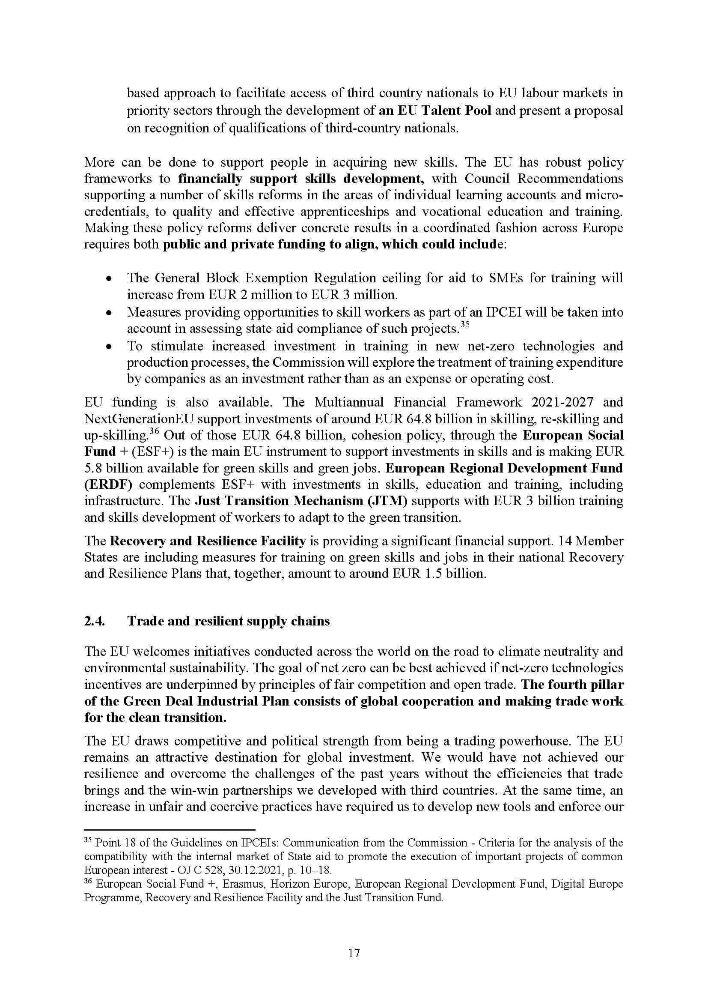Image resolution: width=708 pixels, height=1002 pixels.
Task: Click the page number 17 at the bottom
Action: pyautogui.click(x=354, y=953)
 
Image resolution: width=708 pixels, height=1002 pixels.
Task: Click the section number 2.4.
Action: pyautogui.click(x=95, y=621)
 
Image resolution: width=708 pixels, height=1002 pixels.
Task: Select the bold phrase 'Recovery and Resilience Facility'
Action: pyautogui.click(x=208, y=541)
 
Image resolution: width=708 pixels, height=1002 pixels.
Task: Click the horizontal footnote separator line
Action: pyautogui.click(x=169, y=829)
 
